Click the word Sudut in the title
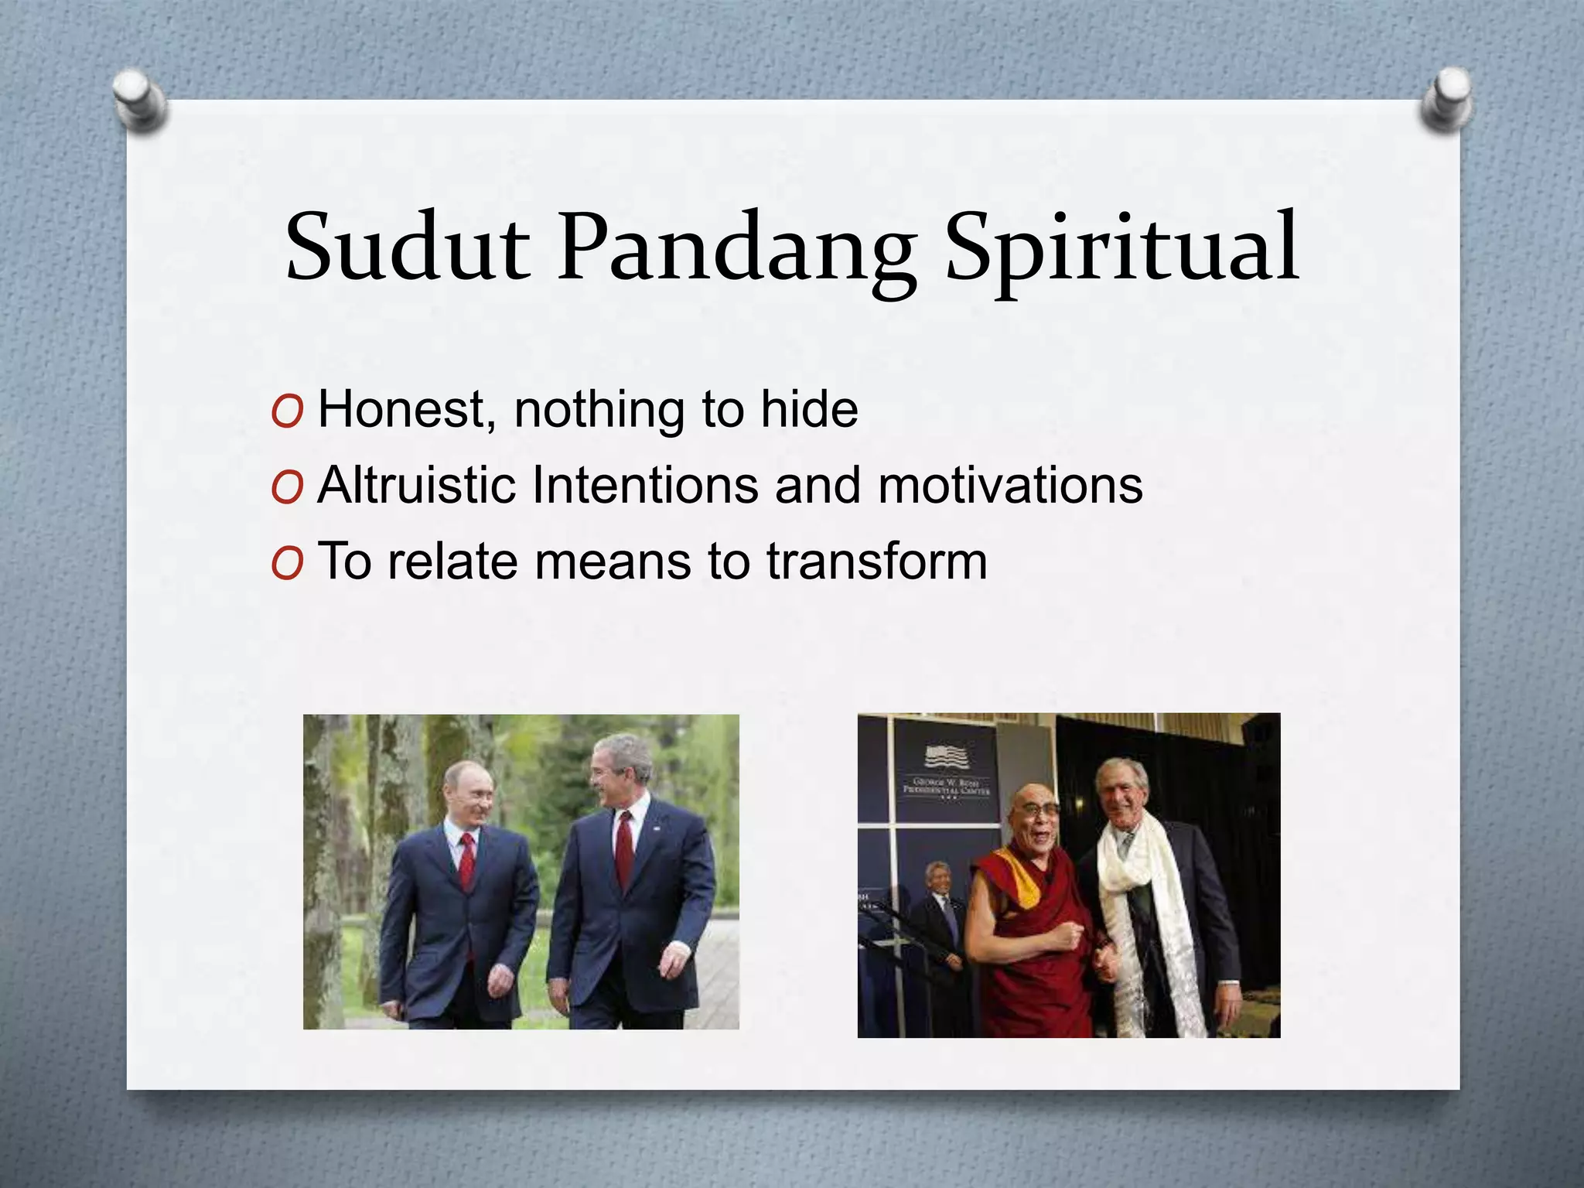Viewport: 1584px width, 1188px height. click(x=408, y=246)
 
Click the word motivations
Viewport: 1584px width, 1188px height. click(x=1010, y=485)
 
